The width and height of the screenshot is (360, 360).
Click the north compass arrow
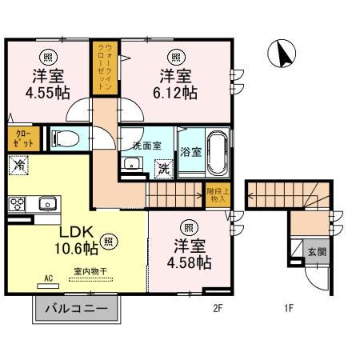point(282,54)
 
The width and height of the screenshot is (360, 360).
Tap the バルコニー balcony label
point(76,309)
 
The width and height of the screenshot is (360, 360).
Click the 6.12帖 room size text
point(177,93)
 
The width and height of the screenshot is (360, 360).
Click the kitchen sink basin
point(47,203)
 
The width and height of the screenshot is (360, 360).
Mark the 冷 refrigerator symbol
point(18,166)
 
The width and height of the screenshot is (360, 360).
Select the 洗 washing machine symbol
point(163,169)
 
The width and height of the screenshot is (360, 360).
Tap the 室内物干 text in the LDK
point(93,271)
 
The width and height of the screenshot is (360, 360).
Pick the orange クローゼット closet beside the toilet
point(21,137)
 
